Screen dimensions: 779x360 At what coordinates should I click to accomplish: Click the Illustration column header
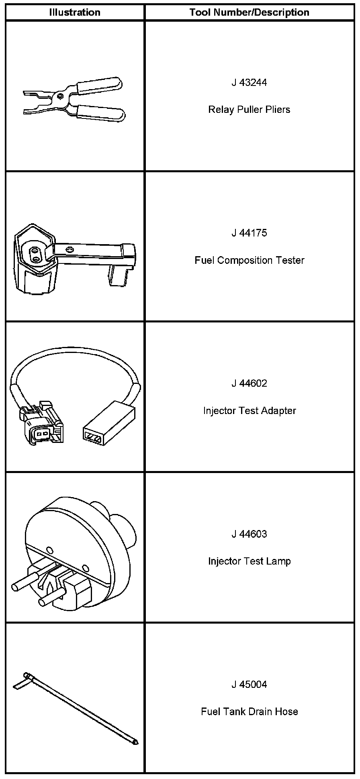coord(75,12)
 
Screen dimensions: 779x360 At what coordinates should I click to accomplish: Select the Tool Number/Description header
coord(249,12)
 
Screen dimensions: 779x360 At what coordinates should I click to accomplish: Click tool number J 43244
coord(249,83)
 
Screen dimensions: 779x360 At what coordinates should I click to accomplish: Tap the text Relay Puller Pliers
coord(249,110)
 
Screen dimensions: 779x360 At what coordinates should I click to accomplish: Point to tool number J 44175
coord(249,233)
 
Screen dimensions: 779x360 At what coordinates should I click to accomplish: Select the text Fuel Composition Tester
coord(249,260)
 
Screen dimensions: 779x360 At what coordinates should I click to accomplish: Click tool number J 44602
coord(249,383)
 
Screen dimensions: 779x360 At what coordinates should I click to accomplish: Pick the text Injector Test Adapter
coord(249,411)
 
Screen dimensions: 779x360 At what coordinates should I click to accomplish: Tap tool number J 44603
coord(249,534)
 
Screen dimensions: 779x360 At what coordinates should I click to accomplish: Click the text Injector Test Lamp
coord(249,561)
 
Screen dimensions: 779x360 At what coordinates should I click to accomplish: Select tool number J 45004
coord(249,684)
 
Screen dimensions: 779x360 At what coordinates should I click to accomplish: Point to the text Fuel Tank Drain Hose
coord(249,712)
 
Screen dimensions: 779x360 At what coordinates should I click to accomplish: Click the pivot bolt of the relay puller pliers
coord(59,96)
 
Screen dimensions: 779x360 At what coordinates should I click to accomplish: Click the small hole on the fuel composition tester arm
coord(71,249)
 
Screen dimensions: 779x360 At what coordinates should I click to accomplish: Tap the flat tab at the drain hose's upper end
coord(19,686)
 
